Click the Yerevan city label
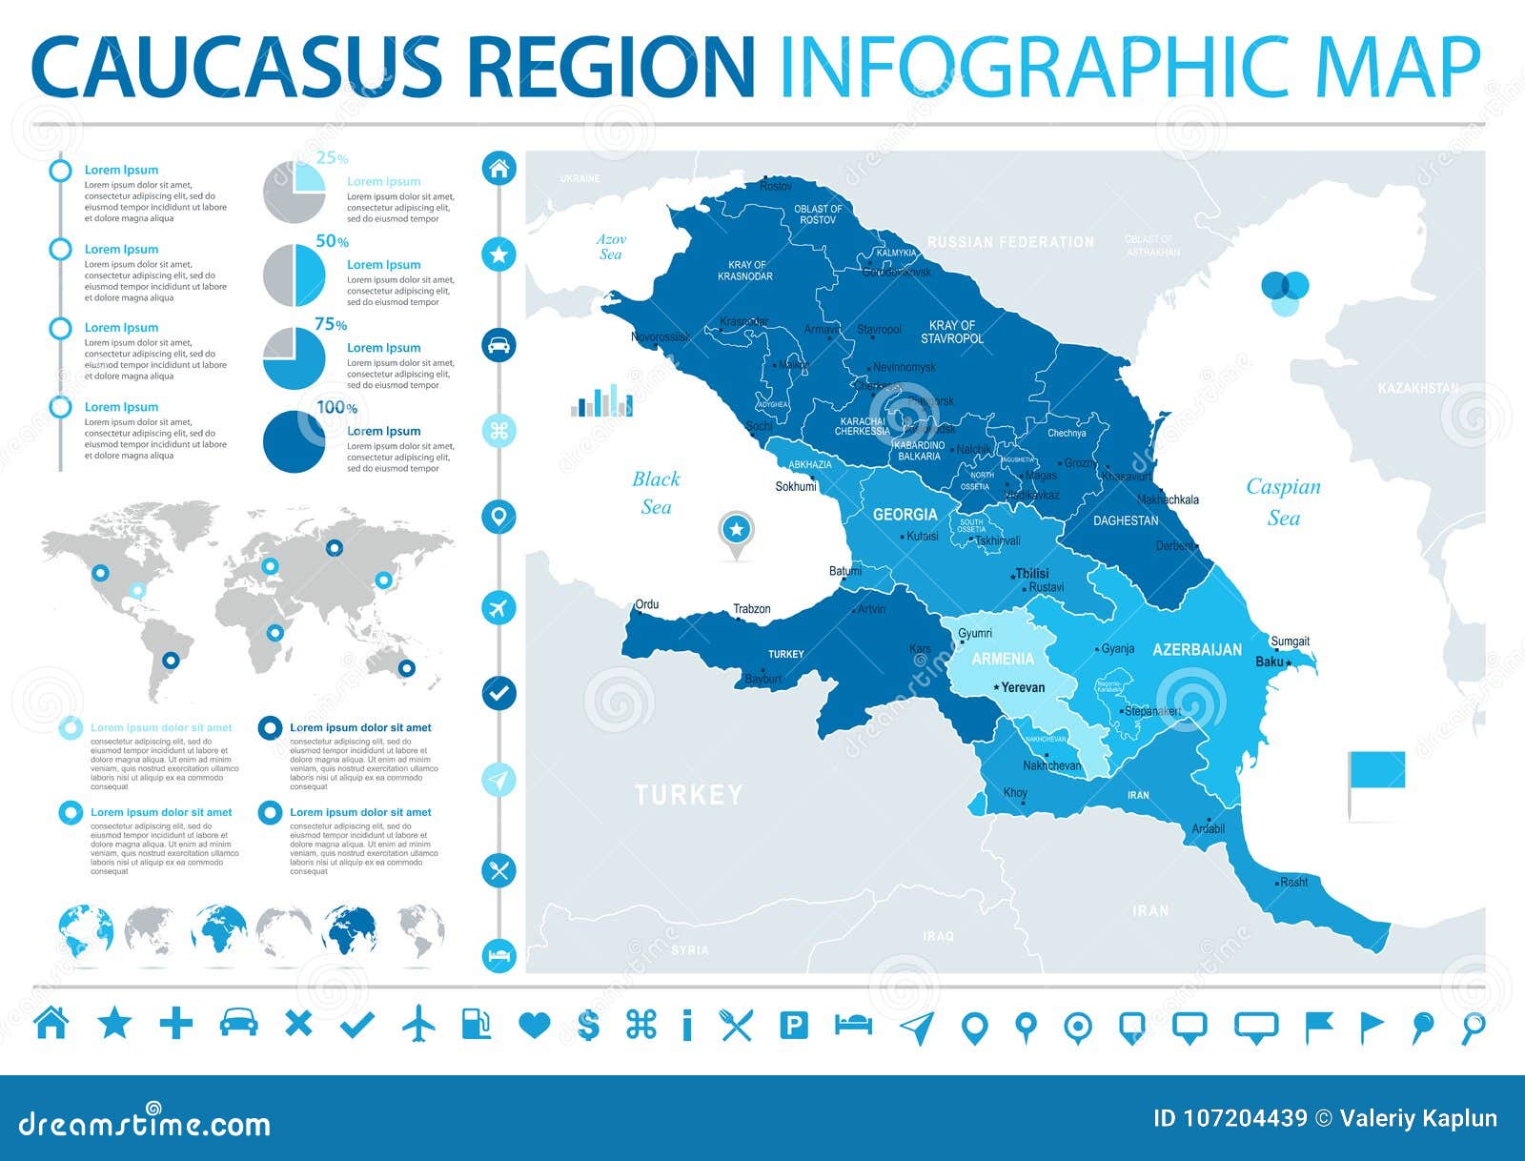click(x=1023, y=687)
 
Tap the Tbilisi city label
click(x=1031, y=573)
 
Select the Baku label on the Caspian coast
click(x=1269, y=662)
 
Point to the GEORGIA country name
click(x=905, y=515)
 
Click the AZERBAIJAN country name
click(x=1197, y=650)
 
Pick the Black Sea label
click(x=656, y=493)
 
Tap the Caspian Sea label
click(x=1283, y=501)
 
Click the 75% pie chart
click(x=294, y=358)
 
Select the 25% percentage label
click(x=332, y=158)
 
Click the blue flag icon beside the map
click(x=1375, y=770)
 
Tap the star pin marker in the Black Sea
click(x=736, y=531)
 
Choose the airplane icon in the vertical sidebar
click(x=498, y=607)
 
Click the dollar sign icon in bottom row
click(x=589, y=1025)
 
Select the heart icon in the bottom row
click(x=535, y=1026)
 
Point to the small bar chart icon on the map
click(x=601, y=401)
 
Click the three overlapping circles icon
click(x=1285, y=292)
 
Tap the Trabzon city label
click(x=751, y=609)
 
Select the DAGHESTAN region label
click(x=1126, y=520)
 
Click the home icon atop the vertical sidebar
click(x=498, y=170)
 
